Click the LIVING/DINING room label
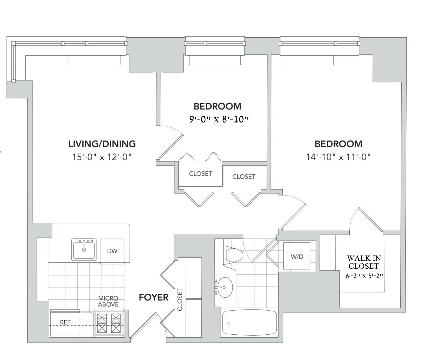(x=102, y=144)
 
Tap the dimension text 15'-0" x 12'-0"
(x=102, y=157)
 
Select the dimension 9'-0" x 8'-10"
(x=219, y=119)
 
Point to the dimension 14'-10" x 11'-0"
(x=338, y=157)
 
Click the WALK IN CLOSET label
(x=364, y=262)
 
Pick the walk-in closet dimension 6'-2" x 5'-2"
(x=364, y=276)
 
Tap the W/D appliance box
(x=297, y=256)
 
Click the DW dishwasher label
(x=112, y=251)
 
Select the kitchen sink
(x=84, y=250)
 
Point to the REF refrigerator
(x=65, y=322)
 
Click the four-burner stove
(x=109, y=323)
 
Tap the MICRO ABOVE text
(x=108, y=301)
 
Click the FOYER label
(x=154, y=297)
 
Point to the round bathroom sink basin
(x=225, y=287)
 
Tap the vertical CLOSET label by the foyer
(x=180, y=299)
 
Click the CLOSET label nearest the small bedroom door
(x=200, y=173)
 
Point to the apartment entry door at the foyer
(x=144, y=326)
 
